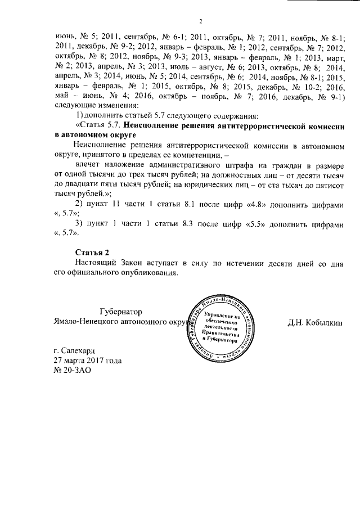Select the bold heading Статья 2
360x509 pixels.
click(92, 251)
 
